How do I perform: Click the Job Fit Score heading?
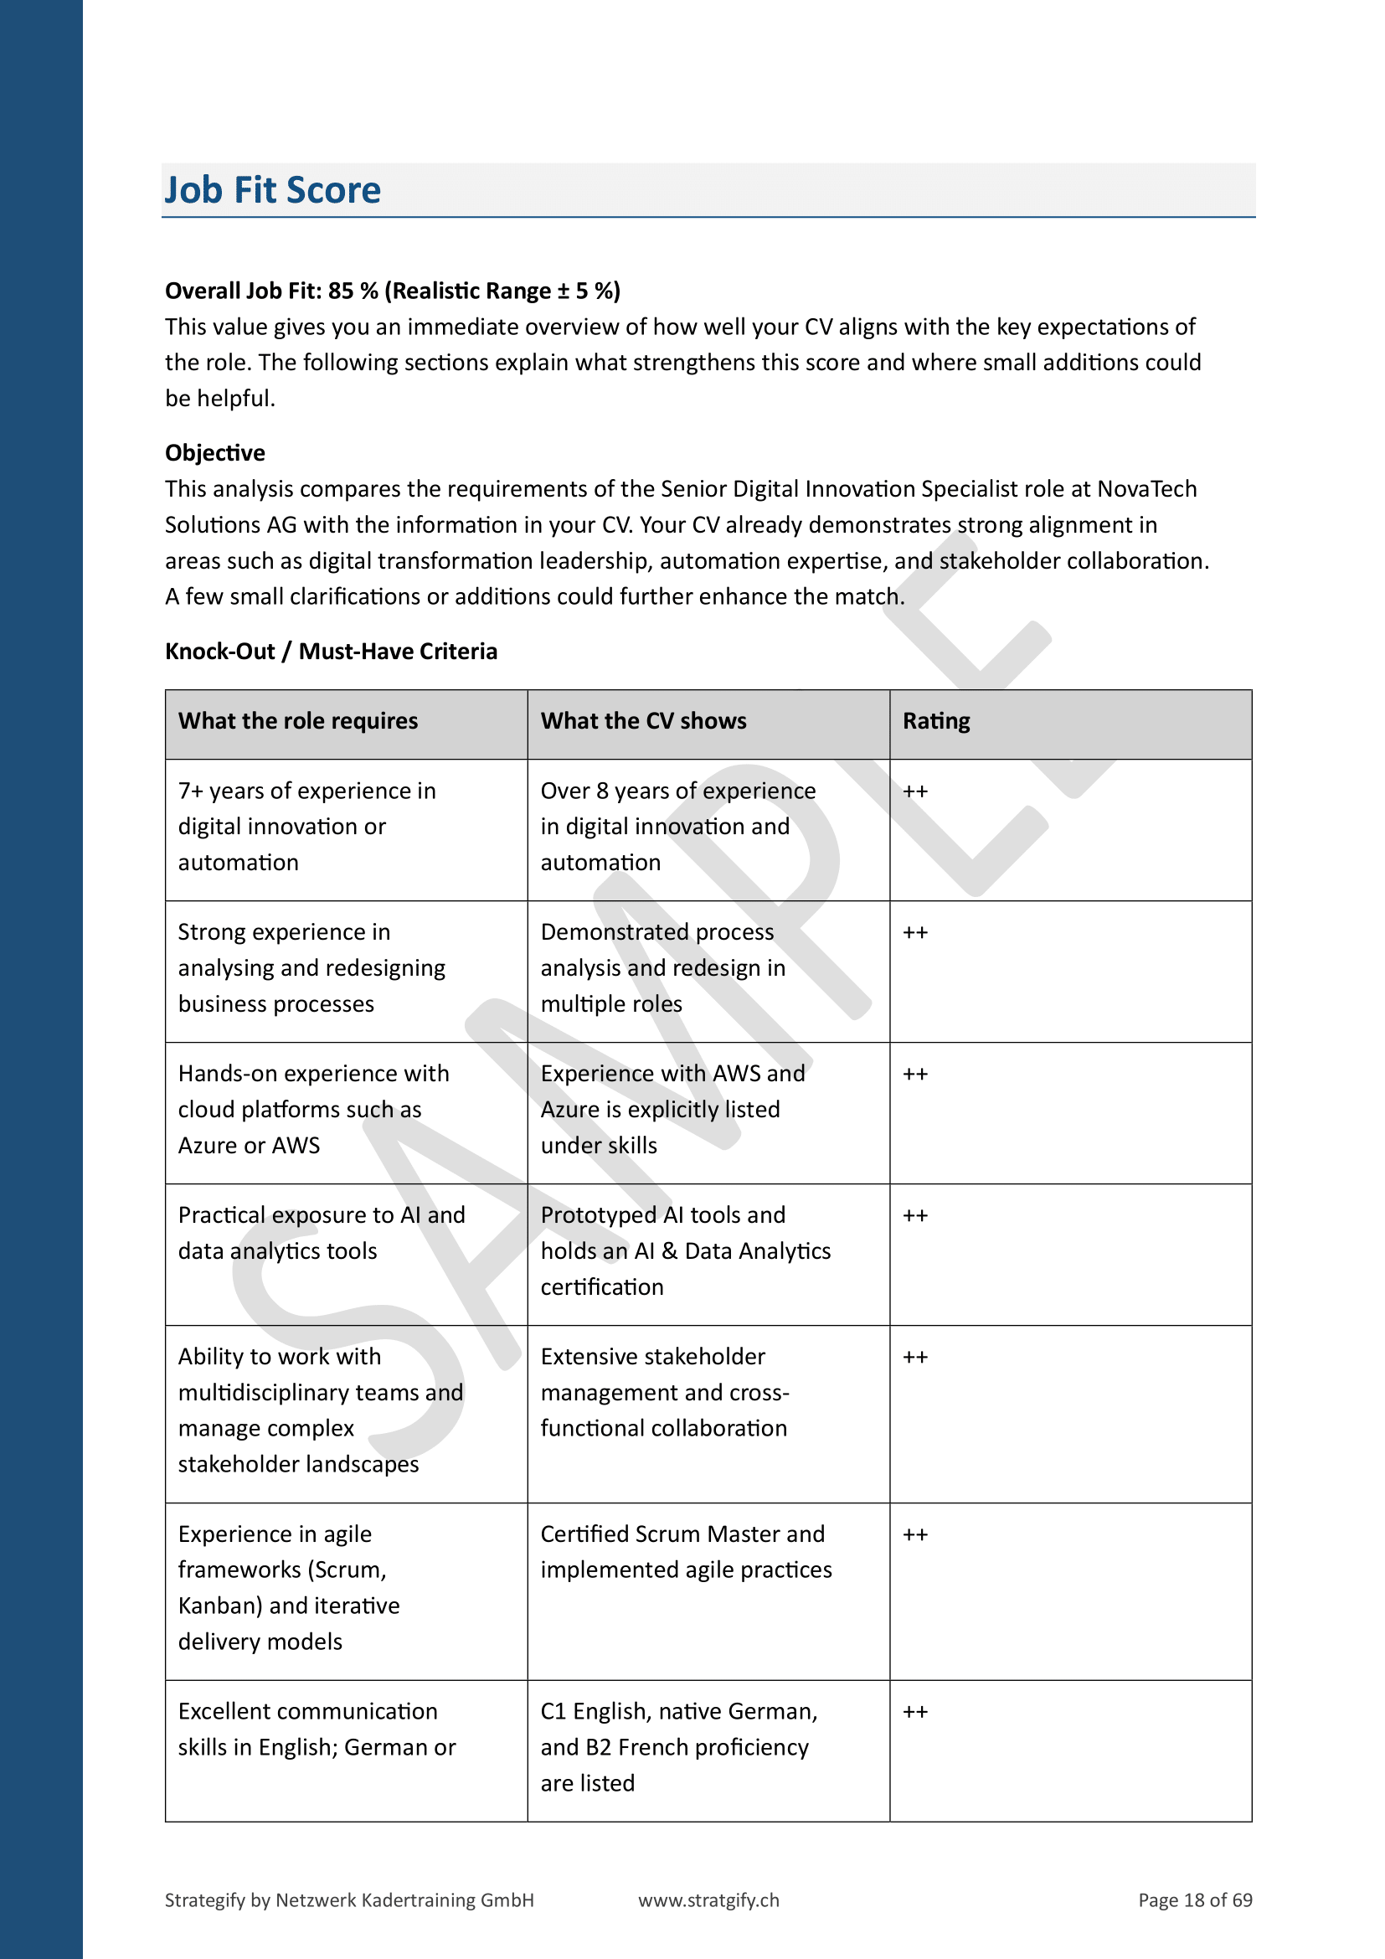click(273, 190)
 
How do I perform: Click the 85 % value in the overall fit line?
click(353, 291)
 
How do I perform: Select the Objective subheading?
click(215, 453)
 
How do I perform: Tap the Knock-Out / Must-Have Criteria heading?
click(331, 651)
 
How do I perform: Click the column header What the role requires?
click(297, 721)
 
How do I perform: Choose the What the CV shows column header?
click(643, 721)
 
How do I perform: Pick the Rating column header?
click(936, 721)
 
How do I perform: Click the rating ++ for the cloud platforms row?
click(915, 1075)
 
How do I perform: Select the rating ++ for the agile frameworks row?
click(915, 1535)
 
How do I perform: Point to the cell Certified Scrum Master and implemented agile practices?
click(686, 1552)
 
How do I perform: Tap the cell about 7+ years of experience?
click(307, 827)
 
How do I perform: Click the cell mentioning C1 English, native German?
click(679, 1746)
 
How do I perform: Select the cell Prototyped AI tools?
click(686, 1250)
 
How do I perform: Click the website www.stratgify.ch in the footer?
click(708, 1900)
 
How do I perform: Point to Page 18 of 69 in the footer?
click(1195, 1900)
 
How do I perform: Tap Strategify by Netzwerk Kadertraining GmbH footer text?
click(349, 1900)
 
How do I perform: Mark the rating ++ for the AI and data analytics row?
click(915, 1216)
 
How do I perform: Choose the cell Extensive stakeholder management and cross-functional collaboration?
click(665, 1393)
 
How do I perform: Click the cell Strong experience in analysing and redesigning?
click(311, 968)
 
